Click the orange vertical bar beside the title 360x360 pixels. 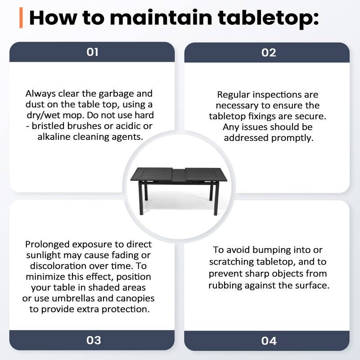21,18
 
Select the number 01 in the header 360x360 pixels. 92,52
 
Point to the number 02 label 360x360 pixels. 269,53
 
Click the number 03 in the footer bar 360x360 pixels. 94,340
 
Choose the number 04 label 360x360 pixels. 269,341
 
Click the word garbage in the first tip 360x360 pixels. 112,94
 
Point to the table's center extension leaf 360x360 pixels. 179,173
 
